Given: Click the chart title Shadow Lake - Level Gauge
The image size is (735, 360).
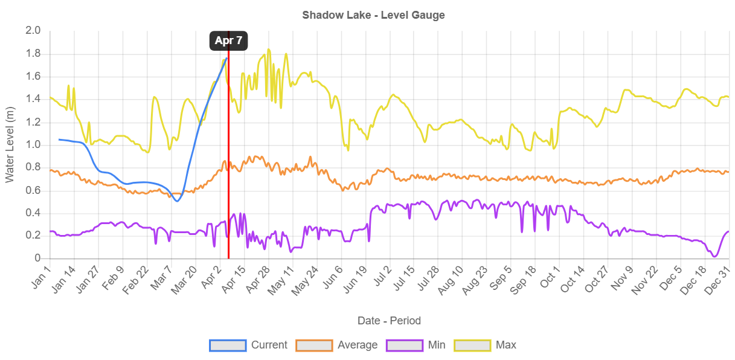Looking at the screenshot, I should pos(373,15).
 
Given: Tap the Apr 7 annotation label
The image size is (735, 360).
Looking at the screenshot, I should pos(228,41).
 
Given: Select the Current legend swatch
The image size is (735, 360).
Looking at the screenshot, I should pos(228,345).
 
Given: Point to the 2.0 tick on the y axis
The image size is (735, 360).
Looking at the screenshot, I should pos(33,30).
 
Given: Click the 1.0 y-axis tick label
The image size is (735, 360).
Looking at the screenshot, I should pos(33,144).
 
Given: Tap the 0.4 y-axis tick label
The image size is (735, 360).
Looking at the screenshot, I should pos(33,213).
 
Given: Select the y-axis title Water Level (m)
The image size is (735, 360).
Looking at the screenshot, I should pos(10,144).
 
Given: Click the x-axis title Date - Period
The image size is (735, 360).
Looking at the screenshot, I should pos(389,321).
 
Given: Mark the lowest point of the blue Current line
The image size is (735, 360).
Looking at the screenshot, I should pos(176,201).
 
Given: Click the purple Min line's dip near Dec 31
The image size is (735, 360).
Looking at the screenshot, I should pos(715,257).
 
